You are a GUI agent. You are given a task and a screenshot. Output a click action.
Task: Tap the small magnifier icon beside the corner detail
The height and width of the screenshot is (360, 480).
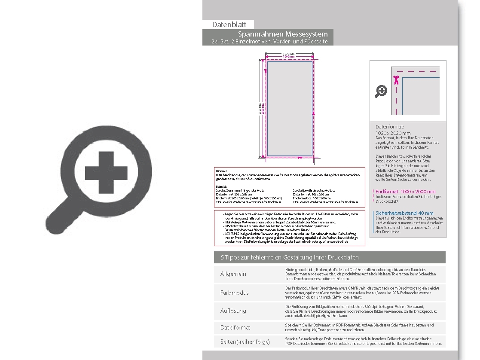(x=381, y=91)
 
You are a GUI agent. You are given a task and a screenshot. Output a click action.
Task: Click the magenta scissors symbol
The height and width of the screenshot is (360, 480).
(x=396, y=80)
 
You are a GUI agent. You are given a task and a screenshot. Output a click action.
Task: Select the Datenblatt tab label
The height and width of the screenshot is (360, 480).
(x=228, y=25)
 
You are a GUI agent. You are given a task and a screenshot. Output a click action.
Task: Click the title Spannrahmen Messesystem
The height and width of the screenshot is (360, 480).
(x=283, y=34)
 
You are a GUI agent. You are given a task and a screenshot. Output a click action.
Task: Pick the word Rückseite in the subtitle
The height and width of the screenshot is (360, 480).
(x=316, y=42)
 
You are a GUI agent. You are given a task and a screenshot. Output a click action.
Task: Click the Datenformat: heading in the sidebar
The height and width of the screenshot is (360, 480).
(x=390, y=127)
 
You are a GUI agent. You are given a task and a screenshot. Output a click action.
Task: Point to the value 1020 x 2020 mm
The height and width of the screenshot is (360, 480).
(x=393, y=133)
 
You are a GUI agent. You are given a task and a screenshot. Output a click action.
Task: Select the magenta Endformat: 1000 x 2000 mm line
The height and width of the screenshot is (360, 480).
(x=405, y=192)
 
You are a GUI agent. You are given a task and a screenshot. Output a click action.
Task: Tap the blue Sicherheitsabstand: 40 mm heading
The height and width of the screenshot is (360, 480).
(x=404, y=213)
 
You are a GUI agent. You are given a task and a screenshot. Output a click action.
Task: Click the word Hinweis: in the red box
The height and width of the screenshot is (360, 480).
(x=221, y=171)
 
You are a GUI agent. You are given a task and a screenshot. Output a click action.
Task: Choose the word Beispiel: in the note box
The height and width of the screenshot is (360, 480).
(x=222, y=186)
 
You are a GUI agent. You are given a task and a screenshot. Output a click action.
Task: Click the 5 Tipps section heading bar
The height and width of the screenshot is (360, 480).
(x=330, y=257)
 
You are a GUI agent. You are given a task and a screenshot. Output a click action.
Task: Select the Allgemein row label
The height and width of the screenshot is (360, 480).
(x=233, y=274)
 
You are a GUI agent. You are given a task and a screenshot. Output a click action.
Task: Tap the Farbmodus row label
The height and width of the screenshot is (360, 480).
(x=235, y=293)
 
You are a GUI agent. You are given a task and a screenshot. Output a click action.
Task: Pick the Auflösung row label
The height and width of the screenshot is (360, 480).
(x=233, y=311)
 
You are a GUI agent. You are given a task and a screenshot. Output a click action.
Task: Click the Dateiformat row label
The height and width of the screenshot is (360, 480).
(x=235, y=327)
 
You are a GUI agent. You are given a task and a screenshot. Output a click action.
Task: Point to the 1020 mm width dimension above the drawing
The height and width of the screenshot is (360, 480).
(x=289, y=54)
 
